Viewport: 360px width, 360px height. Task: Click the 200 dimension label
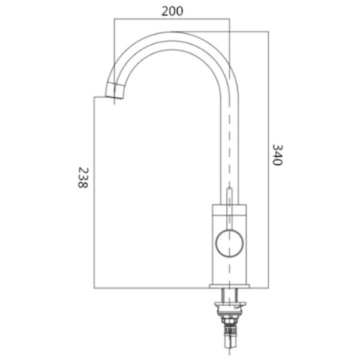coord(172,11)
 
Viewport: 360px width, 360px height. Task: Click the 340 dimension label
coord(277,155)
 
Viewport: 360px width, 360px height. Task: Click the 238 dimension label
coord(83,178)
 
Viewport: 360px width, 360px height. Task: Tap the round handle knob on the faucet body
coord(229,244)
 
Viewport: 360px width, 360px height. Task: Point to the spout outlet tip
coord(114,97)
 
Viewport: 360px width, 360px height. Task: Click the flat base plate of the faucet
coord(229,286)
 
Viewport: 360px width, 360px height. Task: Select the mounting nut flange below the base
coord(230,304)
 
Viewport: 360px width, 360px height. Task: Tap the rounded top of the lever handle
coord(229,189)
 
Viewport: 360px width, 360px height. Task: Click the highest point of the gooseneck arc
coord(173,32)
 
